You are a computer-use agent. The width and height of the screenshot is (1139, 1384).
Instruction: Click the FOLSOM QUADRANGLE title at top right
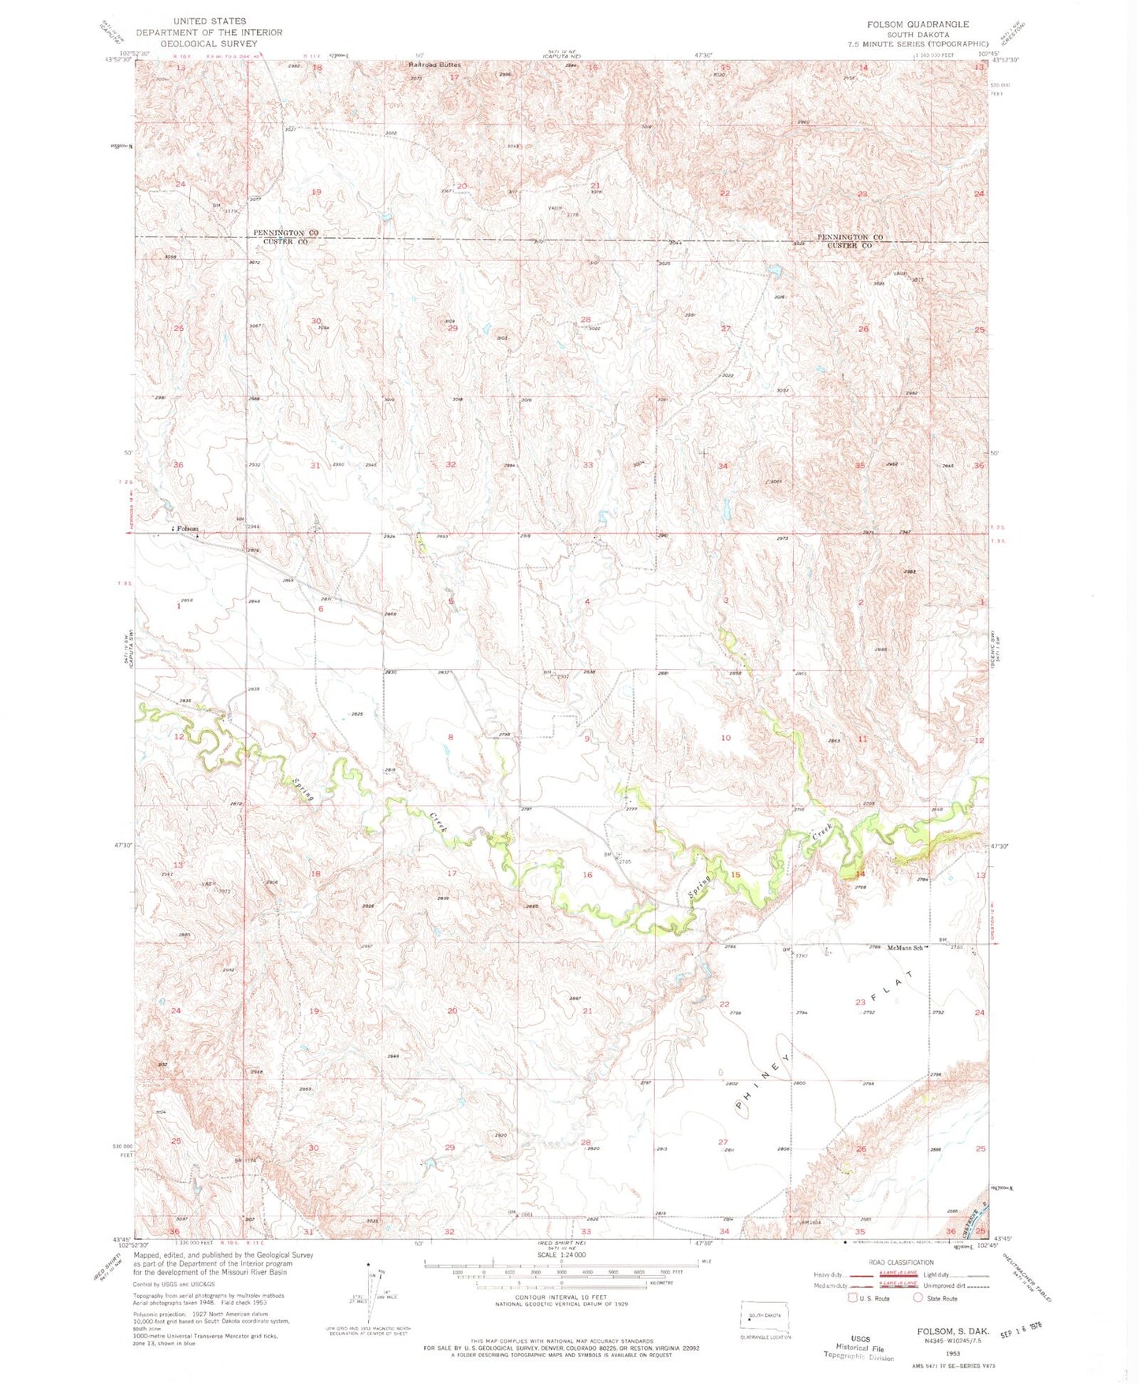point(918,24)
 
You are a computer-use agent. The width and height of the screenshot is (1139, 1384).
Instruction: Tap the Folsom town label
point(188,529)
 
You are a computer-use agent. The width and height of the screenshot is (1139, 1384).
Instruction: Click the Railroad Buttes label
point(434,65)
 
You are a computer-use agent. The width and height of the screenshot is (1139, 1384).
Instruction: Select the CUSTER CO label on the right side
point(849,246)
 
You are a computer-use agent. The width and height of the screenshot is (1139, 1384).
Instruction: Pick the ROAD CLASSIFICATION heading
point(900,1262)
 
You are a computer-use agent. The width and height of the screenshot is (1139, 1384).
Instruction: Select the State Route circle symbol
point(917,1298)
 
